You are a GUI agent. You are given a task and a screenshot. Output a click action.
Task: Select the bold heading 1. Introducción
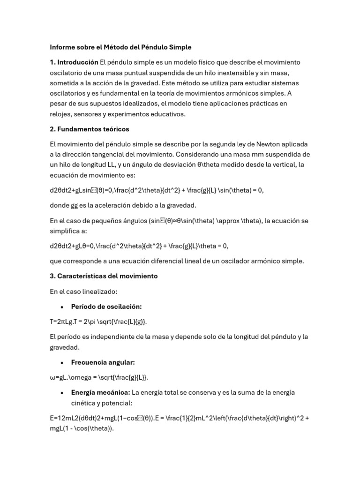coord(74,62)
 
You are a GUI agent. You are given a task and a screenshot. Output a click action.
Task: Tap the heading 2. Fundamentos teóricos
coord(90,129)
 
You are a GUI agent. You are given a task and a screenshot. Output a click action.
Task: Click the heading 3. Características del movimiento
coord(104,276)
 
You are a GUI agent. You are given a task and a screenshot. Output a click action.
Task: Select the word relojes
coord(62,114)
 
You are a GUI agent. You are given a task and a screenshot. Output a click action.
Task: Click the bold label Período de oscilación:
coord(106,307)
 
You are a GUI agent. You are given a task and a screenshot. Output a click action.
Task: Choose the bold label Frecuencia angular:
coord(103,362)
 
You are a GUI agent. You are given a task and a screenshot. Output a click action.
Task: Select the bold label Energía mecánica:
coord(100,392)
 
